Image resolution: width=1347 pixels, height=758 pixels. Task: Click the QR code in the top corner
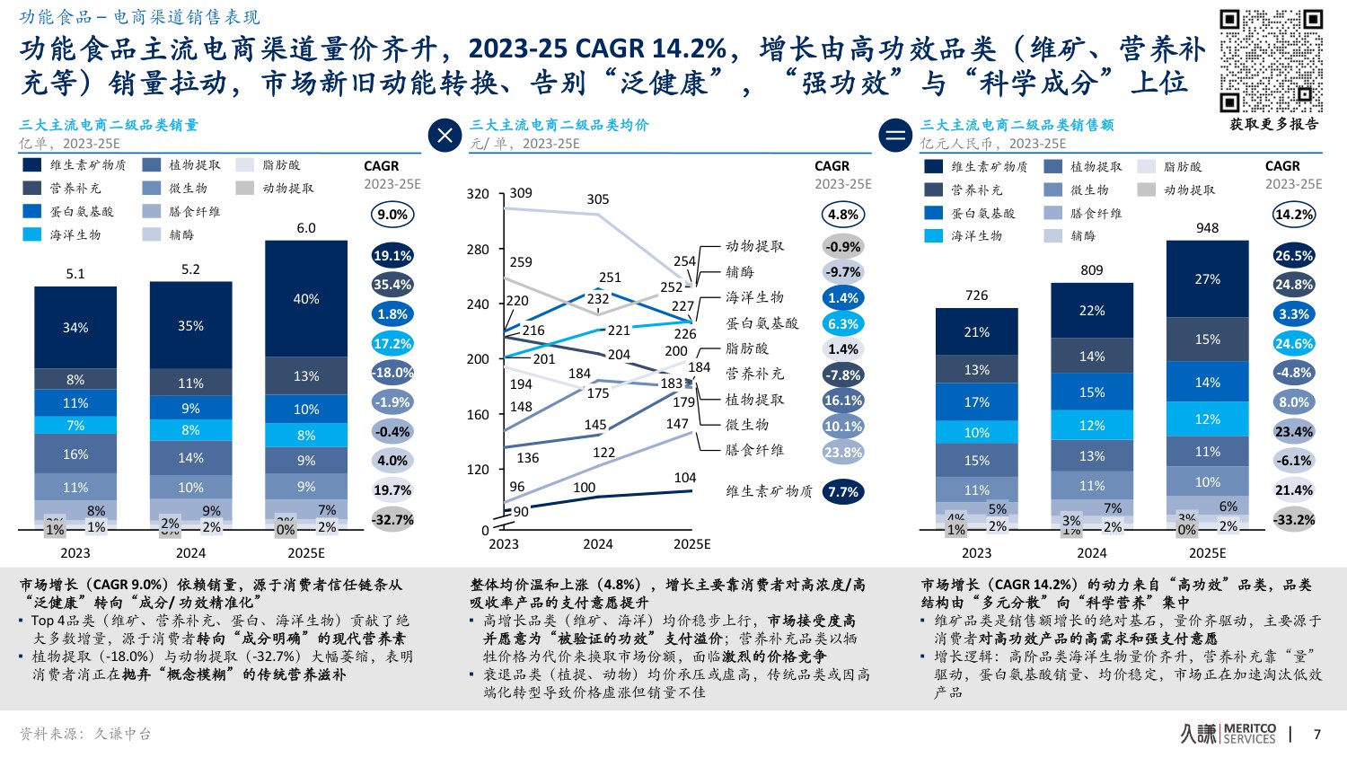click(1271, 61)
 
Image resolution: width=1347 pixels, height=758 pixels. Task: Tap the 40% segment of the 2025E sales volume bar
click(306, 299)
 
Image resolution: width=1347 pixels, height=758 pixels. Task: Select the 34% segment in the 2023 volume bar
click(75, 328)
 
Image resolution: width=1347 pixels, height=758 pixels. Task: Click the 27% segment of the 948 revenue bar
click(1207, 279)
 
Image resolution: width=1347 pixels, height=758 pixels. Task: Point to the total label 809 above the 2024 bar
click(1092, 269)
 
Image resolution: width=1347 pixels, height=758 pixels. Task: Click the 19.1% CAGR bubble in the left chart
click(392, 256)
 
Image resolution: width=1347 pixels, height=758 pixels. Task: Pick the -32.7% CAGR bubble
click(392, 520)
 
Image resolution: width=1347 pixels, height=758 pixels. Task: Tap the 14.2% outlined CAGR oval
click(1294, 215)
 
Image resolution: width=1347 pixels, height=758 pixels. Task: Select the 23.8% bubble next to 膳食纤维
click(843, 453)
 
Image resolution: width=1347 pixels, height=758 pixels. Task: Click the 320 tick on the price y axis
click(478, 194)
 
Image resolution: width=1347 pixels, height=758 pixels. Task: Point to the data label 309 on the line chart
click(521, 193)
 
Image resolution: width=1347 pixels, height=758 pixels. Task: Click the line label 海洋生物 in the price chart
click(754, 297)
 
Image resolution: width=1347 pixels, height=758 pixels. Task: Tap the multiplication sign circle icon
click(445, 136)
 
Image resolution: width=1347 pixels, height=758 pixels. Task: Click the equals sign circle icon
click(895, 136)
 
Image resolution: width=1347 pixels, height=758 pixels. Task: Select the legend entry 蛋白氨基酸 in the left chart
click(81, 212)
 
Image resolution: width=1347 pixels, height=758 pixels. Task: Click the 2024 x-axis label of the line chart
click(598, 544)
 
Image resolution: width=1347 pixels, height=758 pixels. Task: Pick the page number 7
click(1317, 735)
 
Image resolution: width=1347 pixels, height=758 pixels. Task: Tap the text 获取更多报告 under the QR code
click(1274, 124)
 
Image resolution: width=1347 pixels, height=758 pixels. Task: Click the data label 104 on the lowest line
click(685, 478)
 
